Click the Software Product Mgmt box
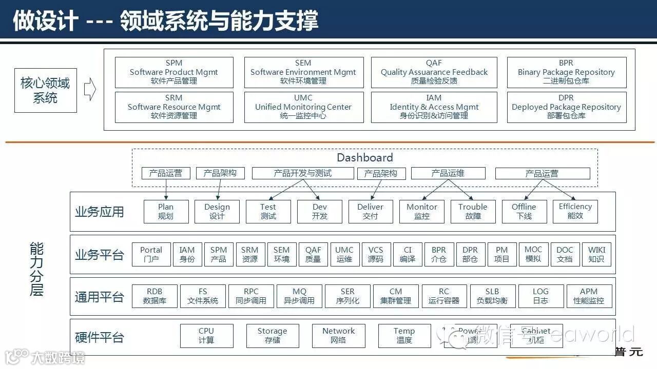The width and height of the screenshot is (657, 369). pyautogui.click(x=174, y=72)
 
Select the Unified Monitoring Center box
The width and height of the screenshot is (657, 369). pyautogui.click(x=303, y=107)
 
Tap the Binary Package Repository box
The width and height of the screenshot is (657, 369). pyautogui.click(x=566, y=72)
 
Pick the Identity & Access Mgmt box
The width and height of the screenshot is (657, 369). pyautogui.click(x=434, y=107)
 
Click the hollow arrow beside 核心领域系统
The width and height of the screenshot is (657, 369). pyautogui.click(x=90, y=90)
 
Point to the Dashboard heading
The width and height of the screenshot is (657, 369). pyautogui.click(x=364, y=157)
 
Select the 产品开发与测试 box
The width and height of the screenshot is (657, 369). pyautogui.click(x=302, y=173)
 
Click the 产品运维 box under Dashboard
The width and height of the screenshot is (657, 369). pyautogui.click(x=448, y=173)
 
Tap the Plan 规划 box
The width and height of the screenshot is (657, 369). pyautogui.click(x=166, y=211)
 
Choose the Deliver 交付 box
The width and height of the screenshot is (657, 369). pyautogui.click(x=370, y=211)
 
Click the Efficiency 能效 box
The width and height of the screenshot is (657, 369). pyautogui.click(x=575, y=211)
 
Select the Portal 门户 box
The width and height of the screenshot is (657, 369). pyautogui.click(x=151, y=254)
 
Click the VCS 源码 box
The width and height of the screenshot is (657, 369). pyautogui.click(x=376, y=254)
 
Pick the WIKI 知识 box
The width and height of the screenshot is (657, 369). pyautogui.click(x=596, y=254)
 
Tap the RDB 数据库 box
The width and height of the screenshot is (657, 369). pyautogui.click(x=154, y=296)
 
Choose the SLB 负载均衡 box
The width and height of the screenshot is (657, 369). pyautogui.click(x=492, y=296)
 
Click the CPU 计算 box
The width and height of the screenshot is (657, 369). pyautogui.click(x=206, y=336)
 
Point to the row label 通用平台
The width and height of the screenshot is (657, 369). pyautogui.click(x=100, y=297)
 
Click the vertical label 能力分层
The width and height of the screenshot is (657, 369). pyautogui.click(x=36, y=270)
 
